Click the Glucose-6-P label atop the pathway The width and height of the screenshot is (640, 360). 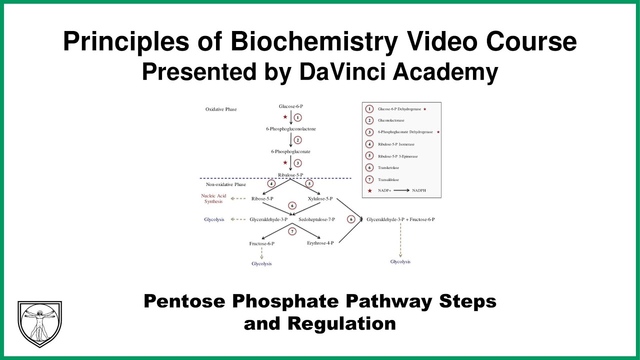[291, 106]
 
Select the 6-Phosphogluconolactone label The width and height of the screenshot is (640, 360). [291, 129]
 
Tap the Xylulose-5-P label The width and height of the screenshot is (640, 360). [320, 198]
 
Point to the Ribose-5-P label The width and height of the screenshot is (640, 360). [262, 198]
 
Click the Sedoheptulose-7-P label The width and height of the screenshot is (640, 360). [316, 219]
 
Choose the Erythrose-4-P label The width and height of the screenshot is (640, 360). [320, 243]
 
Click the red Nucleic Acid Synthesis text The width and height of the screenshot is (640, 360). [213, 198]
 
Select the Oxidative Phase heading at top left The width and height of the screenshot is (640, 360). [221, 109]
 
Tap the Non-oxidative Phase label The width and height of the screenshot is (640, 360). [226, 184]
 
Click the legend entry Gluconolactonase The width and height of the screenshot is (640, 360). [391, 120]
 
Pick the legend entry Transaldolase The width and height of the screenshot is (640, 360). [388, 179]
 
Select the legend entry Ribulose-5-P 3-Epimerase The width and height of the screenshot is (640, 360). [397, 156]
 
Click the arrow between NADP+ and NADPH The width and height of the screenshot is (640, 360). [397, 191]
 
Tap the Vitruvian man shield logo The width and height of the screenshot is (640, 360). [39, 323]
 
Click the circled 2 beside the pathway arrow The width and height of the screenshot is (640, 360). [297, 140]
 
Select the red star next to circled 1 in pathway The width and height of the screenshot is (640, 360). [285, 117]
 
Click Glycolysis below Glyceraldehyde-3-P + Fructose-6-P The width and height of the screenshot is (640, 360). [400, 261]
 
